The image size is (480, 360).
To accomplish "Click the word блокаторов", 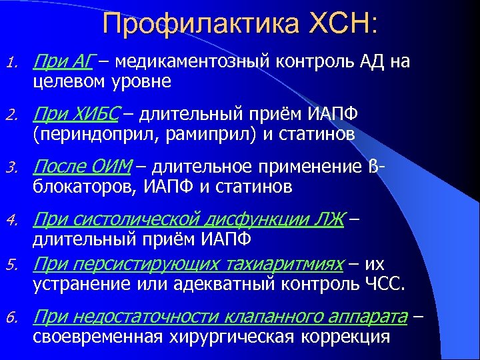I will pyautogui.click(x=83, y=187).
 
